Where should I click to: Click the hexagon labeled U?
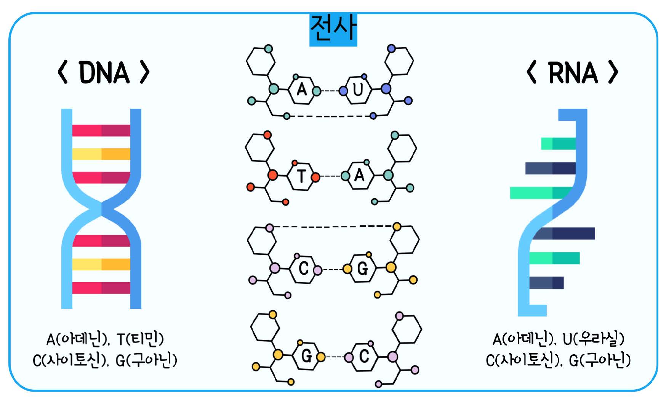[358, 90]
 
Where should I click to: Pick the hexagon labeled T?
[301, 176]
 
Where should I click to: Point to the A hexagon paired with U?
[302, 90]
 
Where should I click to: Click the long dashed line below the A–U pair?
[330, 116]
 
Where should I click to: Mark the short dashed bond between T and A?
[330, 176]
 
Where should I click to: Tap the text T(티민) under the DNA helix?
[140, 339]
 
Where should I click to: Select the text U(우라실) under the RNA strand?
[593, 339]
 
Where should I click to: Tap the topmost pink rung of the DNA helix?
[101, 131]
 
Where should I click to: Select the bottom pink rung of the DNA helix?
[101, 288]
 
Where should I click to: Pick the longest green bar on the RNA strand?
[541, 193]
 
